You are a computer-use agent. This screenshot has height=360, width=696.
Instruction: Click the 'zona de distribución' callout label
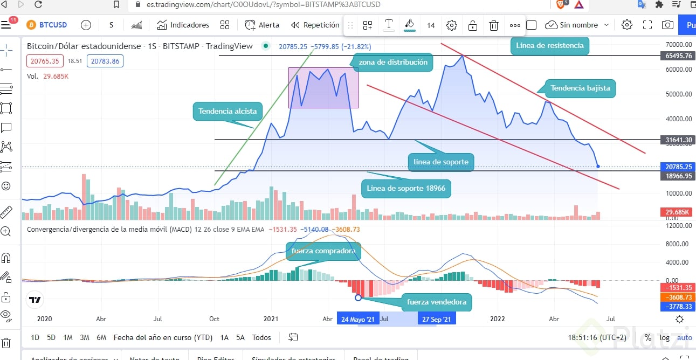[392, 63]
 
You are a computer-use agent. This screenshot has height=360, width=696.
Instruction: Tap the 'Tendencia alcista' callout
[227, 112]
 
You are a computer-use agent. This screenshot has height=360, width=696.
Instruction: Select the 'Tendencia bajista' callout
[580, 88]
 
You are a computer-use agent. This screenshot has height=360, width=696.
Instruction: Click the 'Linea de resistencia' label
[549, 46]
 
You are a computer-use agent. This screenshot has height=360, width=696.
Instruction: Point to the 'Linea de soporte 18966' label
[406, 188]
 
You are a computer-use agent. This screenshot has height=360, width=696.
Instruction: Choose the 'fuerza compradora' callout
[323, 251]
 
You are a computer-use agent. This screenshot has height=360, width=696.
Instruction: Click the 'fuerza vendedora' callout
[436, 302]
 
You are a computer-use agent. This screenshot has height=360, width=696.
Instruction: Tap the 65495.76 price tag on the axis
[678, 56]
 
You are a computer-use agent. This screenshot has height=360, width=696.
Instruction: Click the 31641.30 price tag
[678, 140]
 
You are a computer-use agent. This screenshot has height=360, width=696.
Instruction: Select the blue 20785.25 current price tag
[678, 167]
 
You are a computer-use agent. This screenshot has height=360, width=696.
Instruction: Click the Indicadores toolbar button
[183, 25]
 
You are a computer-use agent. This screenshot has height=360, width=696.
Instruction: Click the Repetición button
[315, 25]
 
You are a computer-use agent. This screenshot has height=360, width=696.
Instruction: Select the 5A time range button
[240, 337]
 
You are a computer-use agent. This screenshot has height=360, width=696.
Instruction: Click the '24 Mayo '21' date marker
[357, 319]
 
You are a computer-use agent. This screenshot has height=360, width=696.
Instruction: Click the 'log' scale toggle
[665, 337]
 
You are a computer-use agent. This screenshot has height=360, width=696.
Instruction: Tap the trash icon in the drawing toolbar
[493, 25]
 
